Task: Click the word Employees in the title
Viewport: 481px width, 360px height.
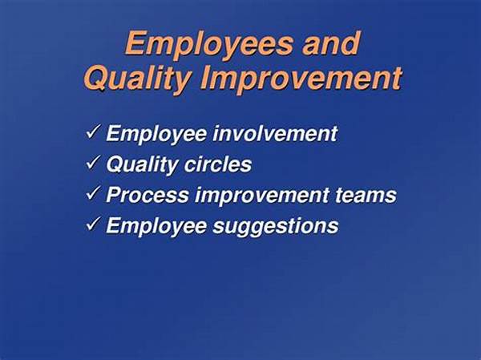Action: coord(209,45)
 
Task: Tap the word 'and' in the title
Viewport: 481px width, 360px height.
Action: coord(331,43)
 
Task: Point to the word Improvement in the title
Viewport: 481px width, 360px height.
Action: coord(301,79)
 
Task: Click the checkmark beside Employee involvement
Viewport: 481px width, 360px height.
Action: coord(92,132)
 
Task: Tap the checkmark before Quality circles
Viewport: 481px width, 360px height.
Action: coord(92,163)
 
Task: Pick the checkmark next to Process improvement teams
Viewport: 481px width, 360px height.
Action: coord(92,193)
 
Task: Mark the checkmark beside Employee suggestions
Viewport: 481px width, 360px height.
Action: coord(92,224)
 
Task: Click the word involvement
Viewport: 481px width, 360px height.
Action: coord(275,133)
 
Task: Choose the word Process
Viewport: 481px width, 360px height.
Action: coord(148,195)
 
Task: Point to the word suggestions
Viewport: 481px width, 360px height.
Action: coord(276,227)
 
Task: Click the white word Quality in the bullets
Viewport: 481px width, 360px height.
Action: coord(141,165)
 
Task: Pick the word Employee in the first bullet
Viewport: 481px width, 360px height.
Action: coord(156,135)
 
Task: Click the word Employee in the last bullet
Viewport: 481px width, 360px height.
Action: coord(156,226)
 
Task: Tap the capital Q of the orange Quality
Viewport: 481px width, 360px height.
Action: coord(96,78)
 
